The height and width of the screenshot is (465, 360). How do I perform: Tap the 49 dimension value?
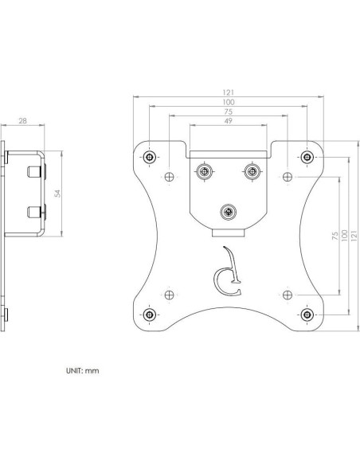coord(229,123)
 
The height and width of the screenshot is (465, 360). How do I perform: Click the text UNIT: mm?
coord(82,371)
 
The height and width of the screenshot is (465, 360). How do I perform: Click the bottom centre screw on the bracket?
coord(229,212)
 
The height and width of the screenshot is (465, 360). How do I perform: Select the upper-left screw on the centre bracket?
coord(205,172)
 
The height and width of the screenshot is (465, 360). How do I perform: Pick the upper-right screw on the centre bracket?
coord(252,172)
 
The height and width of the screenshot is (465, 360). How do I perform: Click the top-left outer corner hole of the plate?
coord(150,155)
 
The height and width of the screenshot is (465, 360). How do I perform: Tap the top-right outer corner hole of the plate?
coord(307,155)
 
